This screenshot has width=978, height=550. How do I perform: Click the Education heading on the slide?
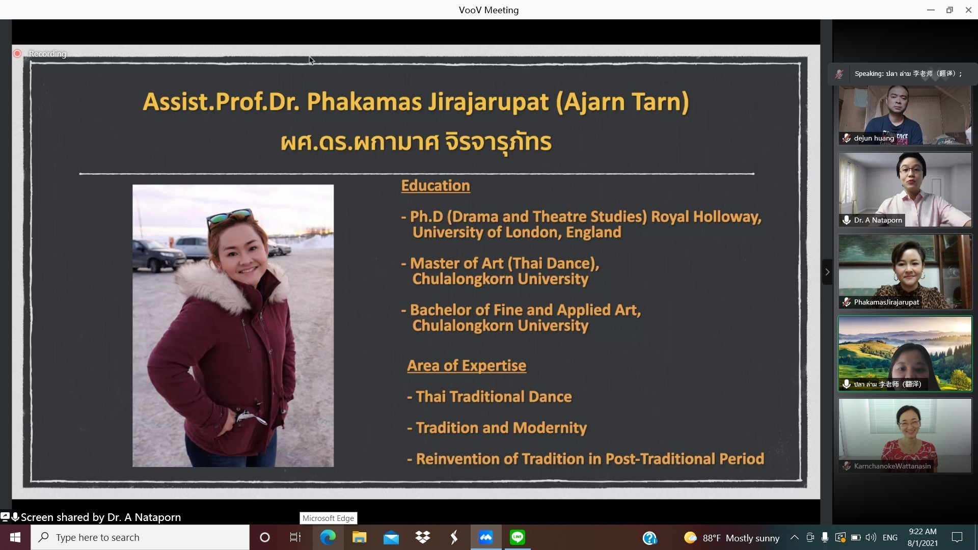(x=436, y=186)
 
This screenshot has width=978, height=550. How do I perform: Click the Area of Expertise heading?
(x=467, y=366)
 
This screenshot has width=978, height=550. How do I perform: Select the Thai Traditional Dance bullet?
(x=490, y=397)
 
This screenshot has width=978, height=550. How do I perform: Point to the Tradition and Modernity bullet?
(x=497, y=428)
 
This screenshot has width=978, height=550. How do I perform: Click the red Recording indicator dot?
(x=17, y=53)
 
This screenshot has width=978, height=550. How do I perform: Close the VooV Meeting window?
(x=968, y=10)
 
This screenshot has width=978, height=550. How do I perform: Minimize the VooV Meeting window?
(x=931, y=10)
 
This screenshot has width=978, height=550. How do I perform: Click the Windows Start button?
(x=15, y=537)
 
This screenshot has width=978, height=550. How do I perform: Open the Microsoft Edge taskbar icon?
(x=328, y=537)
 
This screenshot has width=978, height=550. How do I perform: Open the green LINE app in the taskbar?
(x=518, y=537)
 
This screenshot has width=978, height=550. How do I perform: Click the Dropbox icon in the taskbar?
(x=423, y=537)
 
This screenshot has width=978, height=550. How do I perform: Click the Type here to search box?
(x=140, y=537)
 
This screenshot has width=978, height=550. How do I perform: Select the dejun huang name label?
(x=874, y=138)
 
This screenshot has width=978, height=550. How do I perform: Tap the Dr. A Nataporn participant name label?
(x=878, y=220)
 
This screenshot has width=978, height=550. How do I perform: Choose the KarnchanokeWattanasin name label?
(x=892, y=466)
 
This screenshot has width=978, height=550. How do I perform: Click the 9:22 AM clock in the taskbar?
(x=922, y=532)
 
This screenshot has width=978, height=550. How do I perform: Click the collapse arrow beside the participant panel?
(x=827, y=272)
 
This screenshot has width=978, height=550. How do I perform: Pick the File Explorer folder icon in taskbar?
(x=359, y=537)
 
